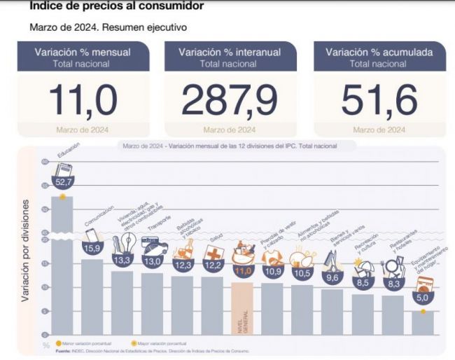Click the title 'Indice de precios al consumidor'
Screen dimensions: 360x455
(117, 6)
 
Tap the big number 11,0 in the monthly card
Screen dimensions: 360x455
(83, 99)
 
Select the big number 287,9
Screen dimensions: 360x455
(228, 99)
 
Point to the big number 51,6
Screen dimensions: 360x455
(378, 99)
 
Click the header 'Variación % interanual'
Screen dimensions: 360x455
(228, 52)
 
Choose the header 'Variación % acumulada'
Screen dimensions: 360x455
(378, 52)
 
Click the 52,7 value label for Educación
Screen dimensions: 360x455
(64, 181)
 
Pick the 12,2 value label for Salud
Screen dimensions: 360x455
(213, 265)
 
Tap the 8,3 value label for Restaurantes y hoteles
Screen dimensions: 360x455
(393, 284)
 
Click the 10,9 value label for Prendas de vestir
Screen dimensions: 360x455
(273, 271)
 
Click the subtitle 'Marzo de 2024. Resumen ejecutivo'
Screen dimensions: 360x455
(108, 27)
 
